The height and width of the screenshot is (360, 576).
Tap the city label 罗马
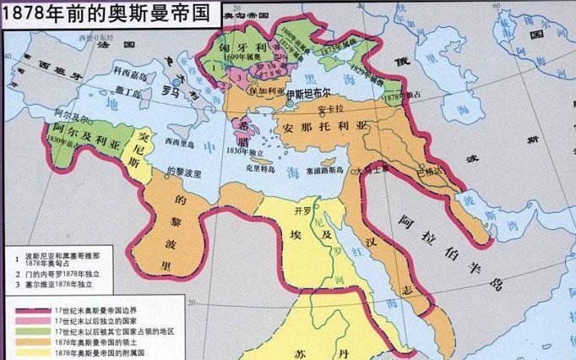[172, 89]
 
